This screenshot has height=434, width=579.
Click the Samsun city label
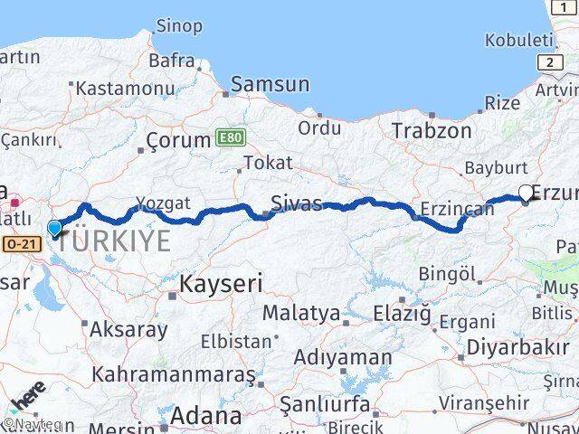pos(270,85)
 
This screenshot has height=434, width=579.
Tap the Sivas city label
pos(297,203)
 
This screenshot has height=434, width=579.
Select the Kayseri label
pos(221,284)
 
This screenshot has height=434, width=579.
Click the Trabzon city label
pos(432,130)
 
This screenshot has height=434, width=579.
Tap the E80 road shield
pos(231,137)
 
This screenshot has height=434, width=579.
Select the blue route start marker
pos(55,228)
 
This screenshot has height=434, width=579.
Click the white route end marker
pos(526,192)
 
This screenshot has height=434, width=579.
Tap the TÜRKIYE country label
pos(113,241)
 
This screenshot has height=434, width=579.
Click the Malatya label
pos(301,314)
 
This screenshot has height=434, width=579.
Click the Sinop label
pos(179,25)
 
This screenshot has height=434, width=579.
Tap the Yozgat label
pos(163,203)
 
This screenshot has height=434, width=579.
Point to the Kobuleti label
pos(517,40)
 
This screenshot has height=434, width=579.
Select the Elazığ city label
pos(403,315)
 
